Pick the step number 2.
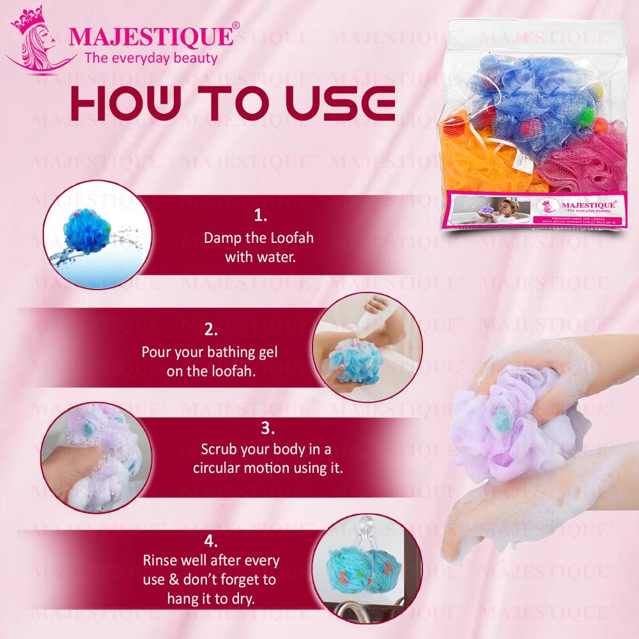[x=212, y=330]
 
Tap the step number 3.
[x=268, y=427]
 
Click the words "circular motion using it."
[x=268, y=468]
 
